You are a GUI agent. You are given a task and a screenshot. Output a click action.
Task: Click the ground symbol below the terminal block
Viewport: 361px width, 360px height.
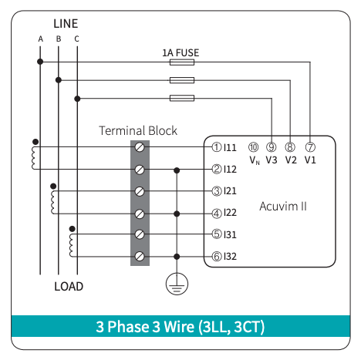tap(177, 284)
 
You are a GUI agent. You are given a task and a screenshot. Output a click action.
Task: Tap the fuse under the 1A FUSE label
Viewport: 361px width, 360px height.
tap(182, 62)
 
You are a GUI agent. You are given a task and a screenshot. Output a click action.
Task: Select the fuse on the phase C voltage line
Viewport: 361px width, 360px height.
tap(182, 98)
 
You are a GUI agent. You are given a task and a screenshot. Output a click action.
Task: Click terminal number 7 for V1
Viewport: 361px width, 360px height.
tap(310, 147)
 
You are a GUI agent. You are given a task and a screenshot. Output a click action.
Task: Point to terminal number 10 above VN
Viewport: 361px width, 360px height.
tap(253, 147)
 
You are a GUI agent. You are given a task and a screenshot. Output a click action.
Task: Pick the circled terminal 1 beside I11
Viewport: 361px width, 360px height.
tap(217, 147)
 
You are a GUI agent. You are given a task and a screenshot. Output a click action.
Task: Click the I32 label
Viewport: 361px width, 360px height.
tap(230, 257)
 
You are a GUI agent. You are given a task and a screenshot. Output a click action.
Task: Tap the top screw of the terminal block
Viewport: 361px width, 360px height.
tap(140, 147)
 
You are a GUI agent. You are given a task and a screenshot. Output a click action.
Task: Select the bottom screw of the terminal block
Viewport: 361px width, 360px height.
tap(140, 256)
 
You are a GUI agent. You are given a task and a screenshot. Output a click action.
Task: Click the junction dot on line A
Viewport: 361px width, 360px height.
tap(40, 62)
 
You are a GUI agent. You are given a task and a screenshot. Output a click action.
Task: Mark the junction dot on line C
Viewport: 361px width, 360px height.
tap(77, 99)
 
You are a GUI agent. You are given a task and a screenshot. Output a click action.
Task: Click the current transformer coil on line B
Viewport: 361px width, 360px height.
tap(52, 202)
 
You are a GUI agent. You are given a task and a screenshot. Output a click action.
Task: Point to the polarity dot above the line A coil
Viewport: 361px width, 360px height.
tap(35, 142)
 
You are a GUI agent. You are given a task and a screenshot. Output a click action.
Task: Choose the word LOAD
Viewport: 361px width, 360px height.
tap(69, 287)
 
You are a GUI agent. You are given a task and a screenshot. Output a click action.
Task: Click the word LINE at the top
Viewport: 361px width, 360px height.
tap(66, 24)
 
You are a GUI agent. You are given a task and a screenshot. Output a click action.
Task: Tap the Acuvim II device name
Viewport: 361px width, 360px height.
tap(283, 207)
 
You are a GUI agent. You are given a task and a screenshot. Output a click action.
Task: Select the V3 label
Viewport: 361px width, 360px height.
tap(272, 160)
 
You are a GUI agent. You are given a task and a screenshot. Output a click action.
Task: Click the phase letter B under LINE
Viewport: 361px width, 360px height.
tap(59, 39)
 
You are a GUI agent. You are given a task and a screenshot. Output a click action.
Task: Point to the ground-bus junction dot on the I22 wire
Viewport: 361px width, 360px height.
tap(177, 214)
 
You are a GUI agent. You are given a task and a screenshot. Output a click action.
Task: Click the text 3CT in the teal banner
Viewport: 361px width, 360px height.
tap(249, 327)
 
